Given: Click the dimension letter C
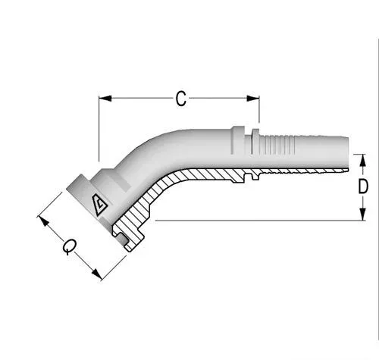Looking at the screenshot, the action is [x=181, y=99].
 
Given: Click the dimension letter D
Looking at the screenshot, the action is [x=363, y=186].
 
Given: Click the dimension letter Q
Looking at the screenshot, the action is [x=70, y=246].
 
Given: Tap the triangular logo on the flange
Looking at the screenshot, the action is [x=99, y=205].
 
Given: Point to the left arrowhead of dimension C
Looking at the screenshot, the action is [x=105, y=99].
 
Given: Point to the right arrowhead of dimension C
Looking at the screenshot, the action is [x=253, y=99].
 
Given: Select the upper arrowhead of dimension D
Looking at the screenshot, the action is [x=363, y=160].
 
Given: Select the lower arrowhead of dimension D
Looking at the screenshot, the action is [x=363, y=214].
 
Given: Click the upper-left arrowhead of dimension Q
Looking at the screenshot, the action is [x=43, y=221].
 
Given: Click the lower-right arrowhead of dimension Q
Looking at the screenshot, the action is [x=97, y=274].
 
